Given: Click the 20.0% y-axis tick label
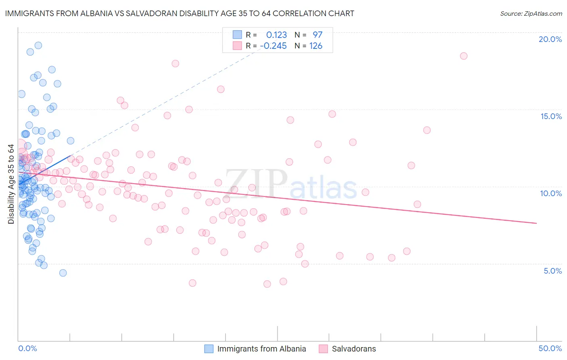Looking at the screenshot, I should click(x=550, y=39).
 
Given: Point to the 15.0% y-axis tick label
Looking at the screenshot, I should click(x=551, y=116).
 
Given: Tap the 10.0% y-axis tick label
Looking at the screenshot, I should click(x=551, y=193).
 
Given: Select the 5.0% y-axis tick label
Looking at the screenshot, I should click(x=552, y=271).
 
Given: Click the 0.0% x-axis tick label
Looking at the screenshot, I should click(x=27, y=348).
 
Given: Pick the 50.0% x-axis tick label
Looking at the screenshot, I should click(x=550, y=348).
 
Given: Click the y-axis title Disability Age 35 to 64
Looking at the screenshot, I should click(x=11, y=184).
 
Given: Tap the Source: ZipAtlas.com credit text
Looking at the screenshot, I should click(x=531, y=14).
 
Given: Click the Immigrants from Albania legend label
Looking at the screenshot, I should click(x=261, y=349).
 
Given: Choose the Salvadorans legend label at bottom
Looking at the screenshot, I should click(x=354, y=349).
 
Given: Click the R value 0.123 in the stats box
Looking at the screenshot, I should click(x=276, y=35).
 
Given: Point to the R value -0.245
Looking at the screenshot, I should click(x=273, y=46).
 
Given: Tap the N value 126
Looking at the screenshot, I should click(x=316, y=46).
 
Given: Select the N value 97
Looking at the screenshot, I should click(x=317, y=35).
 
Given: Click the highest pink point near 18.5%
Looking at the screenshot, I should click(x=463, y=56).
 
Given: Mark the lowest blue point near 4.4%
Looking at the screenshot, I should click(x=63, y=273).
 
